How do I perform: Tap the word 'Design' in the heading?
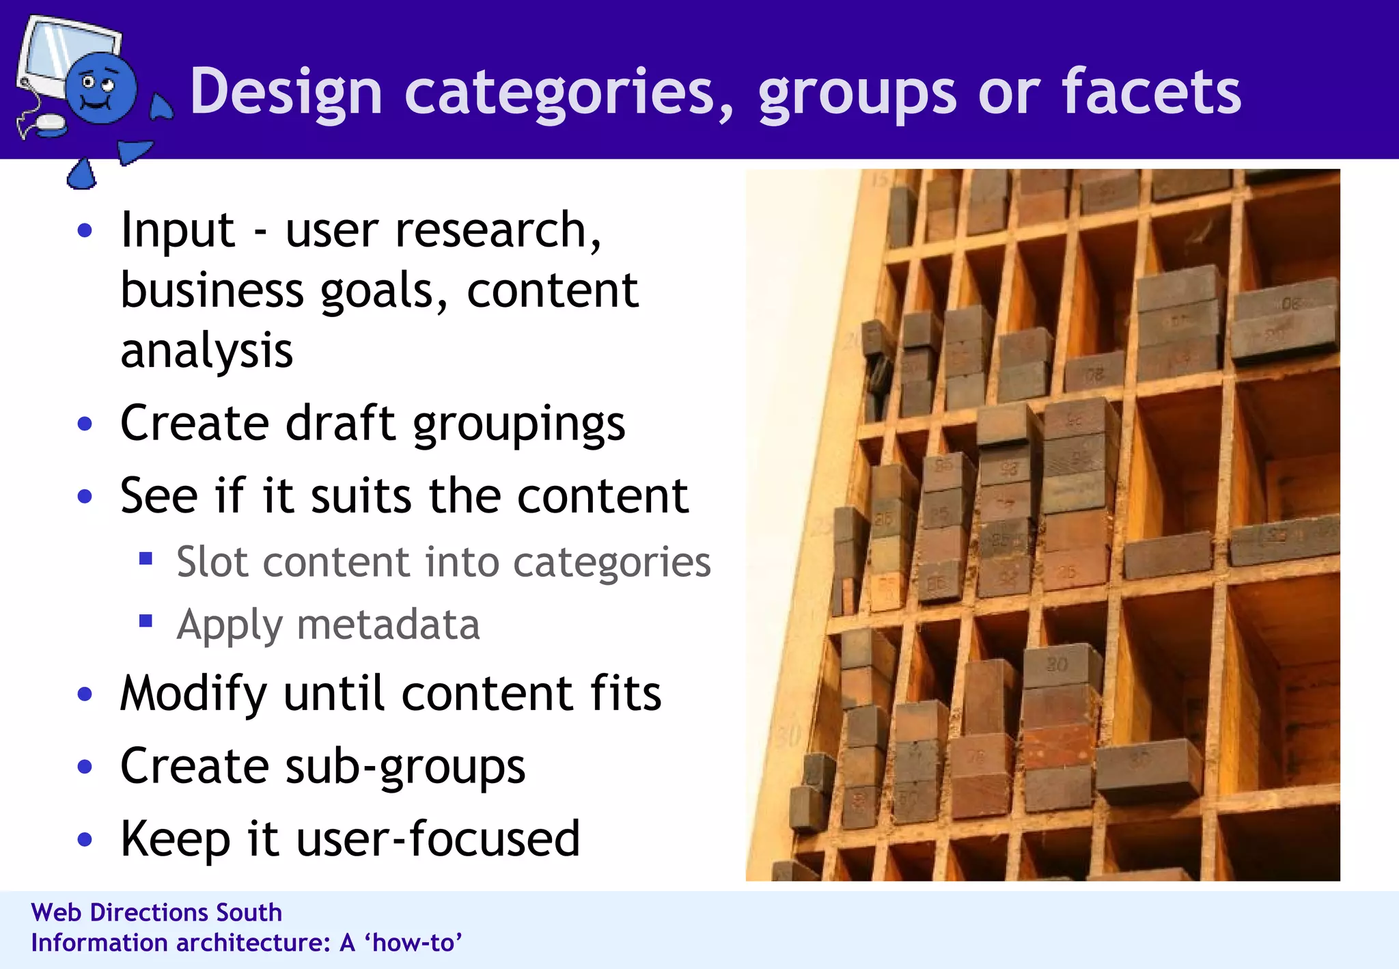click(286, 93)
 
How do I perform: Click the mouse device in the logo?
click(50, 125)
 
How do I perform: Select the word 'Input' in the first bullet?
click(178, 230)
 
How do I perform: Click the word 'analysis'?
click(206, 350)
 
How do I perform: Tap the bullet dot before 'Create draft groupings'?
click(85, 424)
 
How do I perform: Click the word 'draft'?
click(340, 423)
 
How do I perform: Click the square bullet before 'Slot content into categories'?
click(146, 560)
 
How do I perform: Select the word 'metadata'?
click(388, 625)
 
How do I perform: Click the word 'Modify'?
click(193, 694)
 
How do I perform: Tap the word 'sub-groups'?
click(405, 767)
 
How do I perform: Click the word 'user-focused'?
click(438, 838)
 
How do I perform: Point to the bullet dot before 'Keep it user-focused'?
click(85, 839)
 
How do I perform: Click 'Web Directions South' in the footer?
click(156, 912)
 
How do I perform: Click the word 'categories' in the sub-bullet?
click(611, 562)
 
